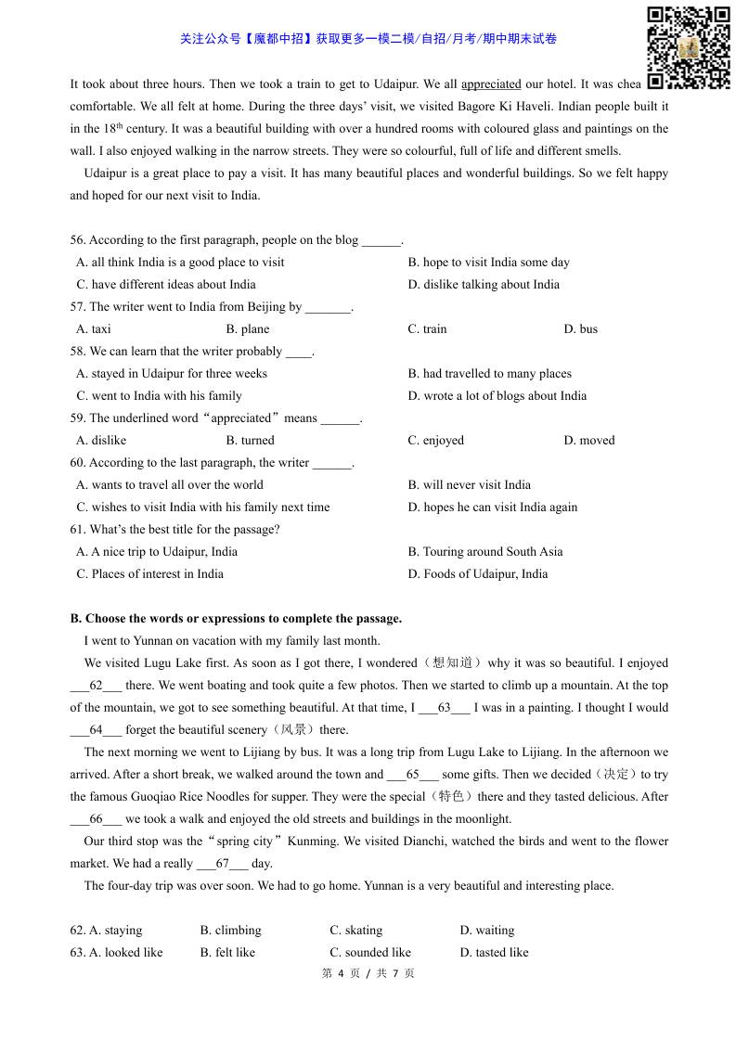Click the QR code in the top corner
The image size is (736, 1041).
click(688, 47)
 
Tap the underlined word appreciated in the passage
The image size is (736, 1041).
click(491, 84)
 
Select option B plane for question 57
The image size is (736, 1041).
click(248, 329)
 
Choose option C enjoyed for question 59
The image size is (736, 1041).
click(435, 441)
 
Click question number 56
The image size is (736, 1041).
click(78, 240)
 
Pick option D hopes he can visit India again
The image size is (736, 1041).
click(492, 508)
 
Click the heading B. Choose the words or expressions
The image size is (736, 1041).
click(236, 619)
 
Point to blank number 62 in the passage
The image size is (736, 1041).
click(96, 686)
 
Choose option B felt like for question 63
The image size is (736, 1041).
click(227, 953)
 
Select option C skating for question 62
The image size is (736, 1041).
click(355, 931)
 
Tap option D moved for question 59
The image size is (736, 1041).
click(588, 441)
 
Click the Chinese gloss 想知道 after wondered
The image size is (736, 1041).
click(452, 663)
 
